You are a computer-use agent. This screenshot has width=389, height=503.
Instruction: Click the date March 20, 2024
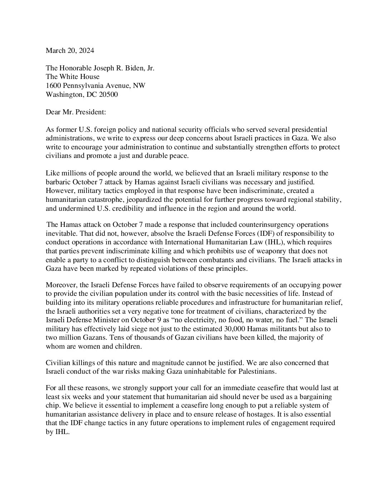tap(70, 50)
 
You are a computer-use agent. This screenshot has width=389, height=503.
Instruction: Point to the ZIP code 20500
tap(108, 95)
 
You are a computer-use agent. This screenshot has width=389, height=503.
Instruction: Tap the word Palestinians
tap(256, 372)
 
